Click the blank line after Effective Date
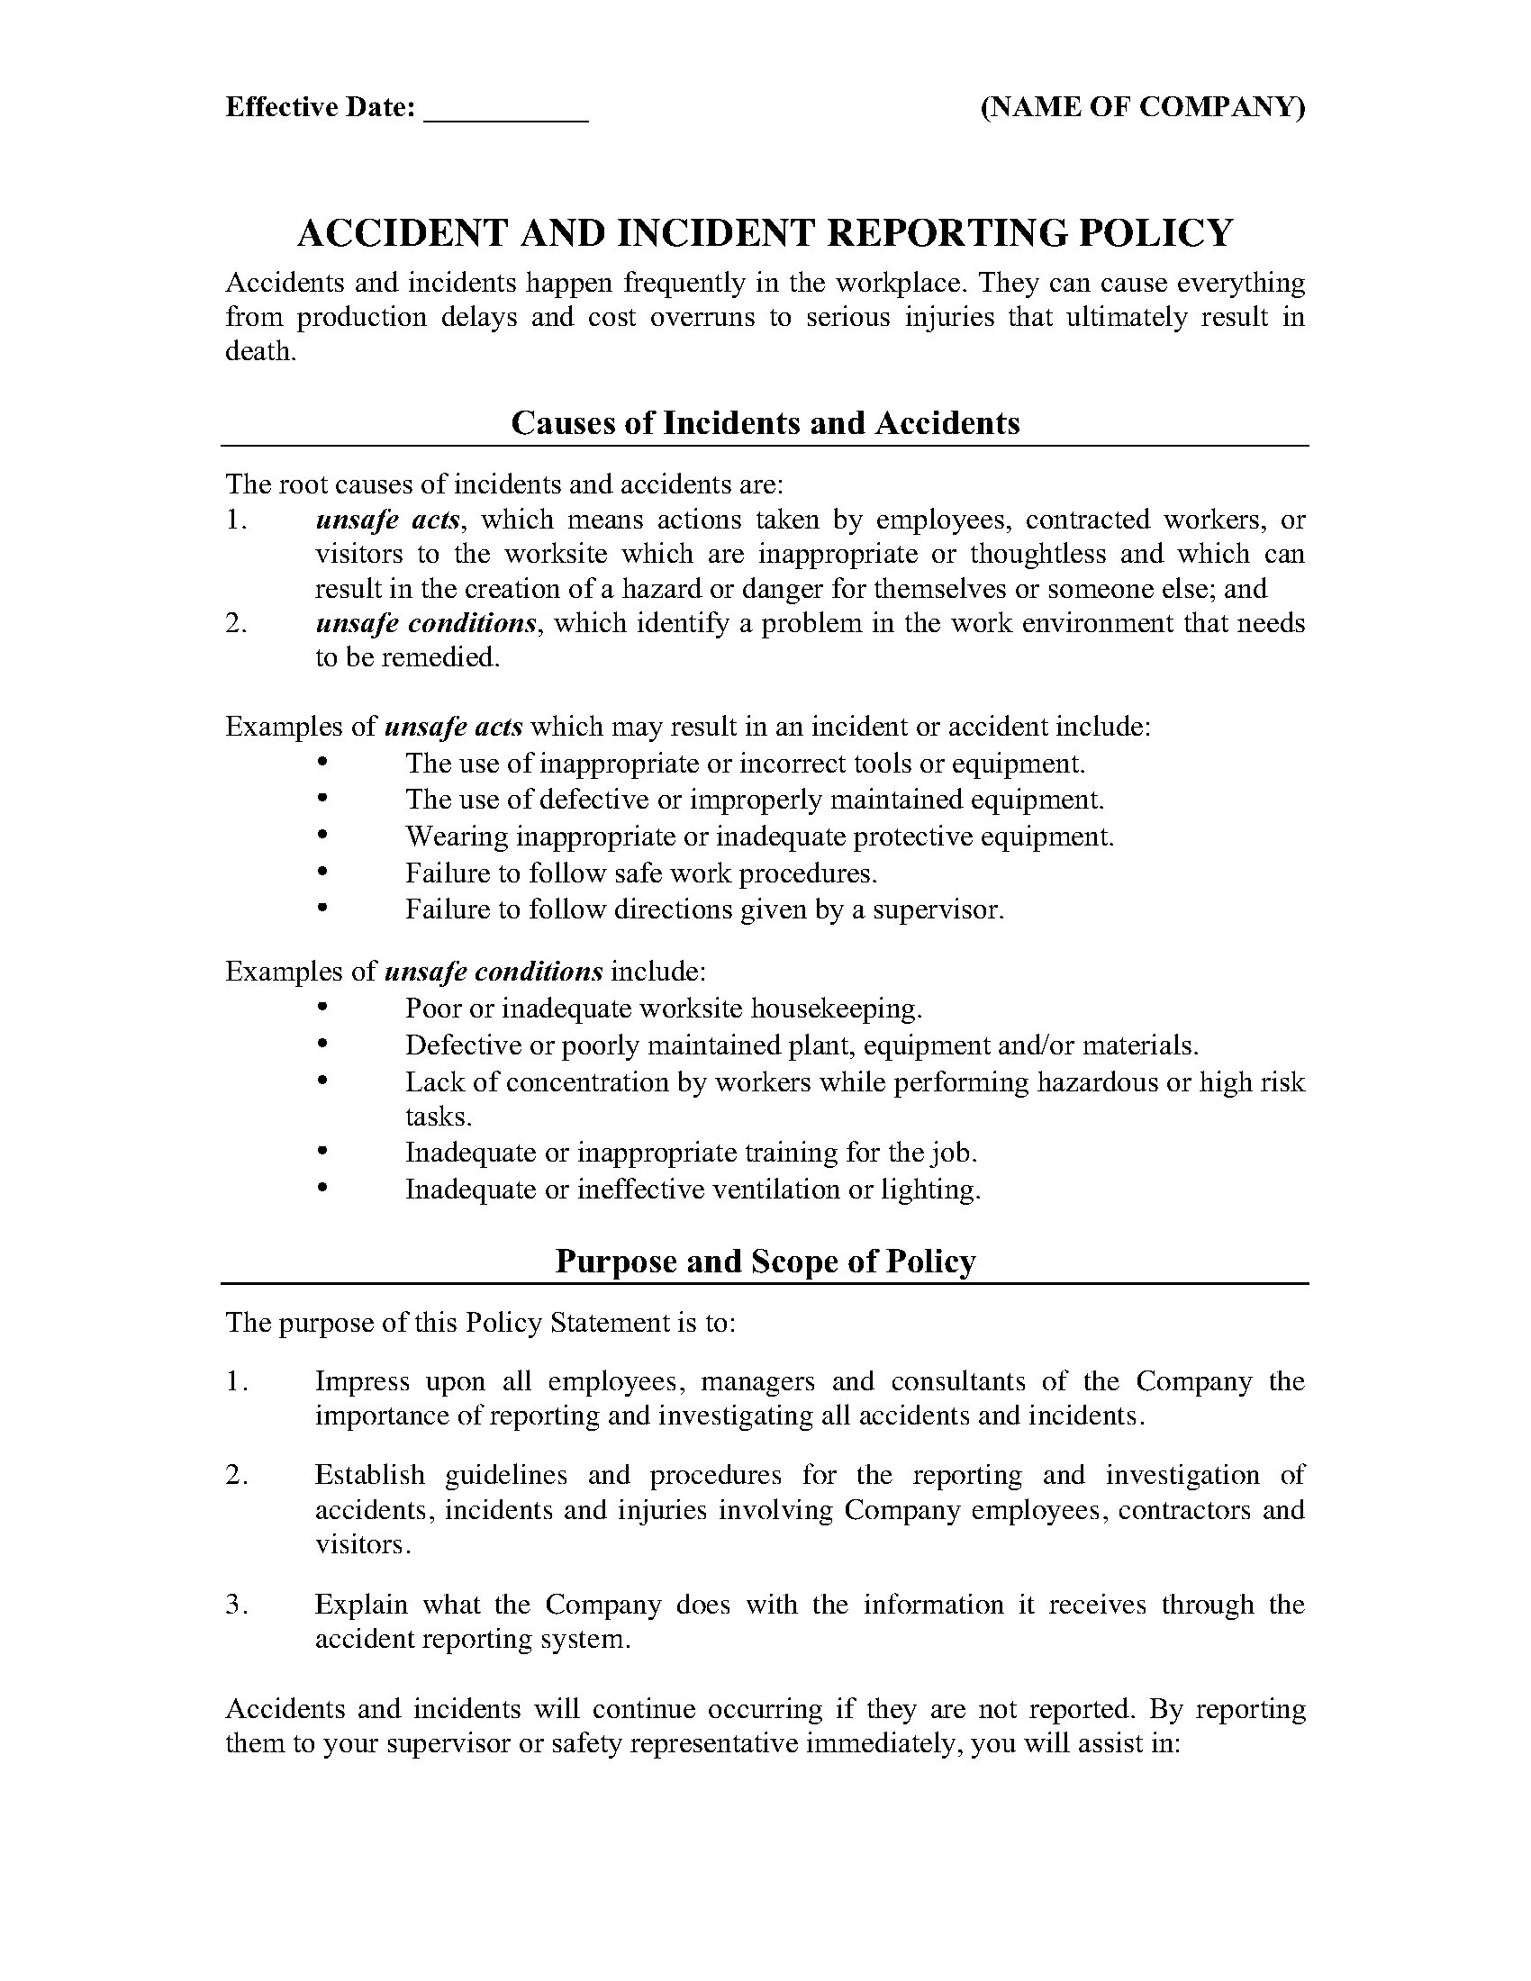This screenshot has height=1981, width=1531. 506,111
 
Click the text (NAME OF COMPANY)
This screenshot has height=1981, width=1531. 1143,107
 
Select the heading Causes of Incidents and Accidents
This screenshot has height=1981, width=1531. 765,422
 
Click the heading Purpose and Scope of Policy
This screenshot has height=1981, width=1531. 765,1262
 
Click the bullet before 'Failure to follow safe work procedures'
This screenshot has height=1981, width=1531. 322,872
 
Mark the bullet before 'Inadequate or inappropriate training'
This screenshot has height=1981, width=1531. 322,1152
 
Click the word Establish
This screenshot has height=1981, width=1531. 369,1475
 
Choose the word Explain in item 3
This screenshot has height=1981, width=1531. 361,1604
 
